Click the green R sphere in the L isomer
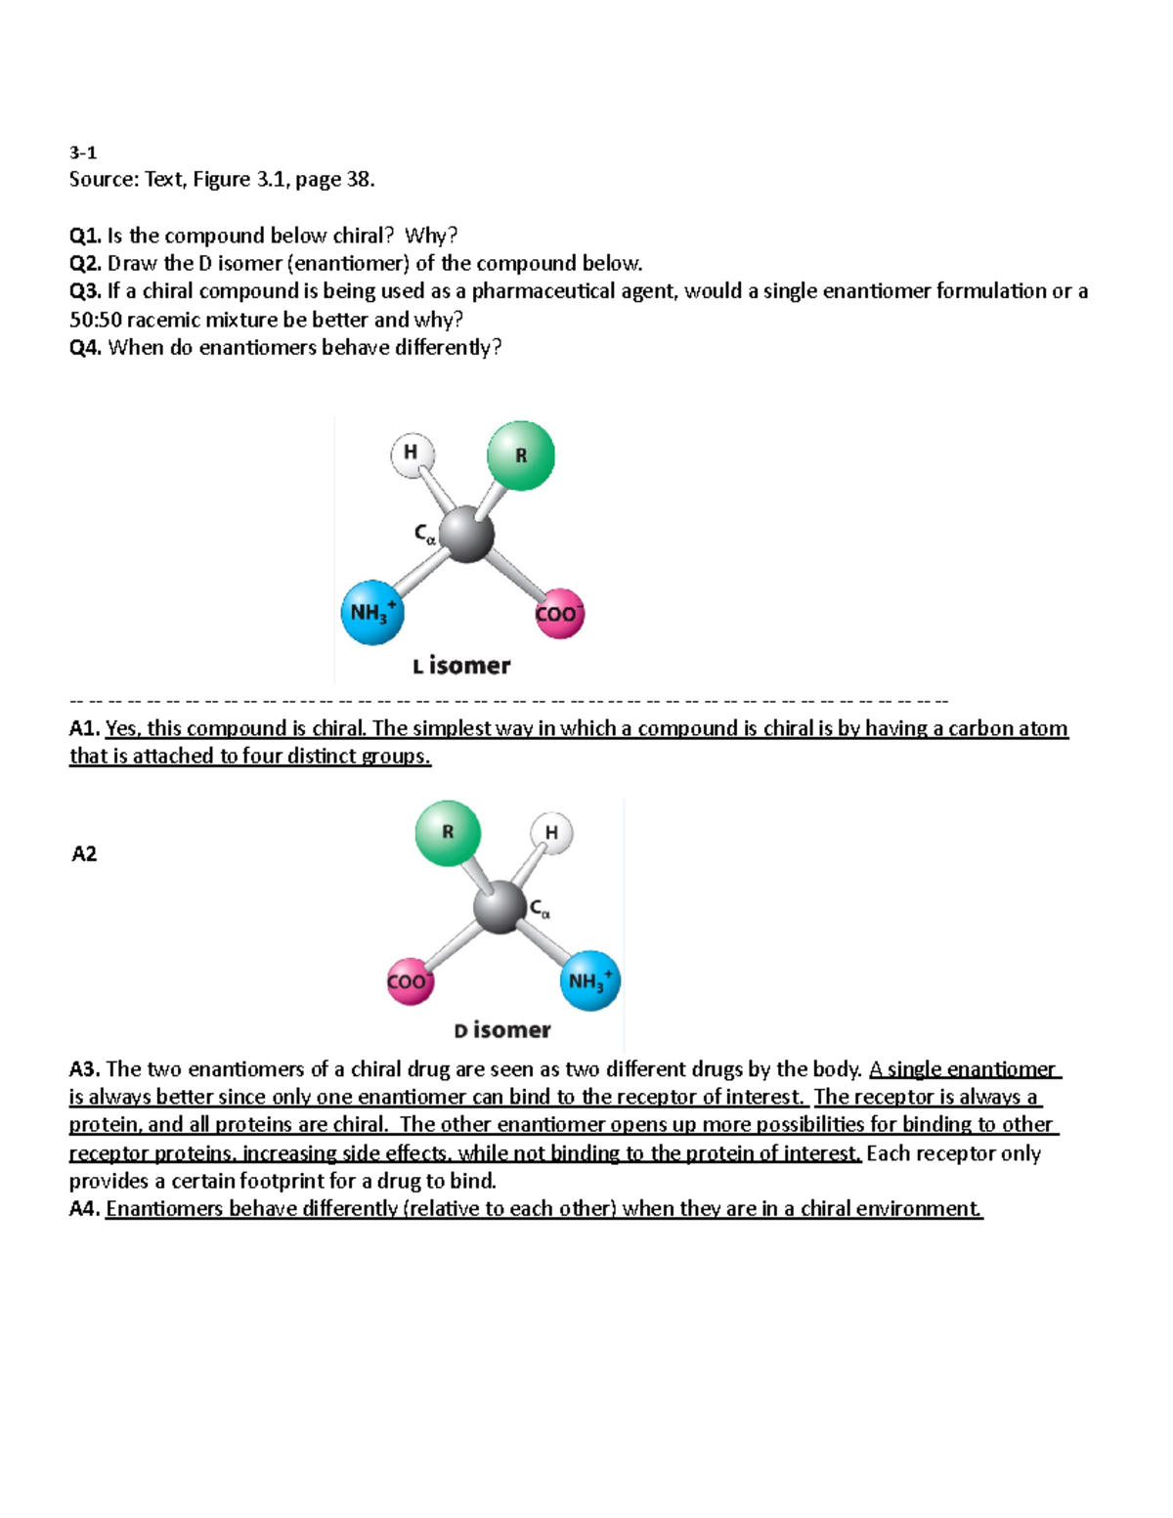(520, 455)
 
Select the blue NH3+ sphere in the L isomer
(371, 612)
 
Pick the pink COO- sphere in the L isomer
(559, 614)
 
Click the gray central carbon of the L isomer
(466, 534)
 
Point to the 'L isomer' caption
(461, 666)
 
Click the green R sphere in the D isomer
(448, 833)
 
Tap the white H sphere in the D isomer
(551, 834)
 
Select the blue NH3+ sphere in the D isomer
(589, 980)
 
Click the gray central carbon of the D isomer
(500, 907)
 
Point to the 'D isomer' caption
(502, 1030)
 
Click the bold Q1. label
(85, 236)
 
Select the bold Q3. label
(85, 291)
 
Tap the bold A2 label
(84, 854)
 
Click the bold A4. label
(85, 1209)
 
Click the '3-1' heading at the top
(83, 152)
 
